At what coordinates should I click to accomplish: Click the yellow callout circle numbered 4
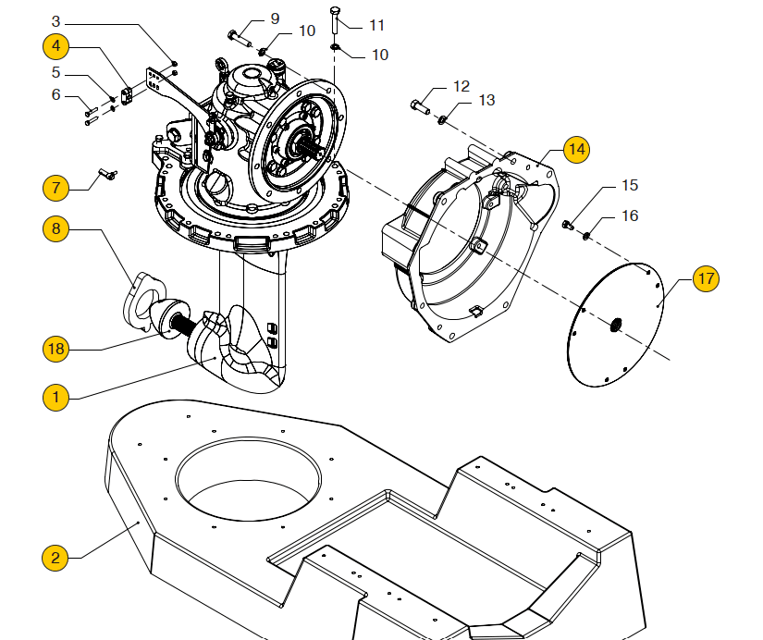click(55, 45)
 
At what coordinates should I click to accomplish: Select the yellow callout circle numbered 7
click(55, 188)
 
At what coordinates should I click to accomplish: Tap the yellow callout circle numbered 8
click(55, 227)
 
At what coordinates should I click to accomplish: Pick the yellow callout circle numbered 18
click(55, 349)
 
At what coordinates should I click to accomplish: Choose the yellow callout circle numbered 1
click(55, 398)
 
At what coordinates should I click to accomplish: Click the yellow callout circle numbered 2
click(55, 558)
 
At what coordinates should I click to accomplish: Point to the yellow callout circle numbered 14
click(576, 148)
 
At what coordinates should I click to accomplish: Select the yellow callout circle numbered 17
click(706, 277)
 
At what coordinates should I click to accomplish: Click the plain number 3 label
click(55, 20)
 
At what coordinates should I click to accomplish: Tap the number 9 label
click(275, 18)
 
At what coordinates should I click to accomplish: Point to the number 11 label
click(376, 25)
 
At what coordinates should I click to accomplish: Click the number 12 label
click(461, 86)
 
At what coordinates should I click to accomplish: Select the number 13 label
click(486, 100)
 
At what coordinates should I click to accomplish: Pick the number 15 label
click(629, 185)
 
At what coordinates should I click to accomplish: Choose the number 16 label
click(629, 216)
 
